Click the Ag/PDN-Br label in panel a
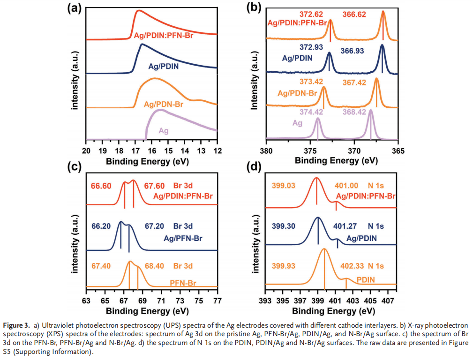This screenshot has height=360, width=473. [x=164, y=104]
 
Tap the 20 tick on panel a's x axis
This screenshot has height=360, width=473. [x=86, y=150]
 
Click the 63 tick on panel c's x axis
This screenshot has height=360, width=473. [x=86, y=300]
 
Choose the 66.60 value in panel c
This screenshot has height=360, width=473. [x=101, y=186]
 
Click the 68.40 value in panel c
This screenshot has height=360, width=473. [x=155, y=266]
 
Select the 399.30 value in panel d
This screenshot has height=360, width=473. [x=284, y=226]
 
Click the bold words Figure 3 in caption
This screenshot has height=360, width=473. [x=15, y=324]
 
